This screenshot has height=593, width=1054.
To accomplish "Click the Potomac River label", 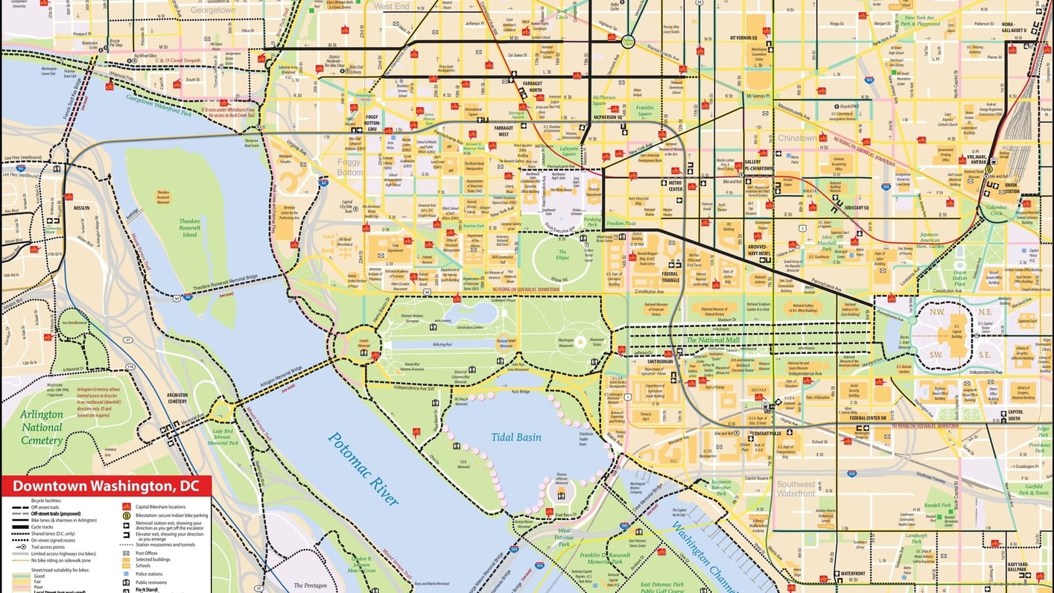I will click(363, 469).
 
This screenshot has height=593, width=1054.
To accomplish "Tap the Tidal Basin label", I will click(516, 437).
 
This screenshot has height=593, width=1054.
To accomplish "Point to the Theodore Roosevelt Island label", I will click(190, 228).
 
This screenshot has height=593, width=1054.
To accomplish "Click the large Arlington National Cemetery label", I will click(42, 428).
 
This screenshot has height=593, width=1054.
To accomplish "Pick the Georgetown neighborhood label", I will click(212, 10).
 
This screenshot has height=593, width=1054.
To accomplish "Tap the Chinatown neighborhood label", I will click(797, 139).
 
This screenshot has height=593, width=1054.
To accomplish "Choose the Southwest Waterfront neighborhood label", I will click(796, 489).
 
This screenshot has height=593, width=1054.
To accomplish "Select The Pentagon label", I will click(310, 586).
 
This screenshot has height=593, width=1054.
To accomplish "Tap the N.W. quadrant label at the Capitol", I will click(936, 313).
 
